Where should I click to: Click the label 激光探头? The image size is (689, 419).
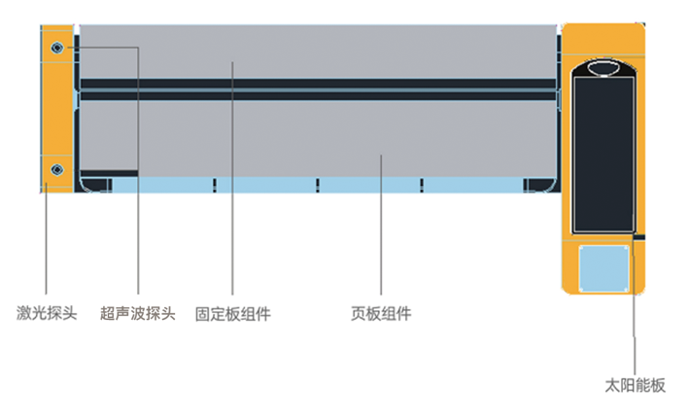47,314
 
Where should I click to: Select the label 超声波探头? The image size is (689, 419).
138,314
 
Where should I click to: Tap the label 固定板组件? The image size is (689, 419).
233,314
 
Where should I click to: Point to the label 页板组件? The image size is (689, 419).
381,314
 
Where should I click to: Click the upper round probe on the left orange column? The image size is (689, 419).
57,48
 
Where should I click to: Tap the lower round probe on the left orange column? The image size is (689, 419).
56,170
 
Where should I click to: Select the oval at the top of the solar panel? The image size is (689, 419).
603,67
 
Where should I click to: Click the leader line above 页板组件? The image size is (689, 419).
381,233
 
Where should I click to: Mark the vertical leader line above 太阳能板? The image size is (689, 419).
636,311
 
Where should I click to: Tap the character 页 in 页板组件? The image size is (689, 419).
358,314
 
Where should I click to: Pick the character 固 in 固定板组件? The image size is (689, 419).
202,314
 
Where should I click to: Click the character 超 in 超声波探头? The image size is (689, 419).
108,314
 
